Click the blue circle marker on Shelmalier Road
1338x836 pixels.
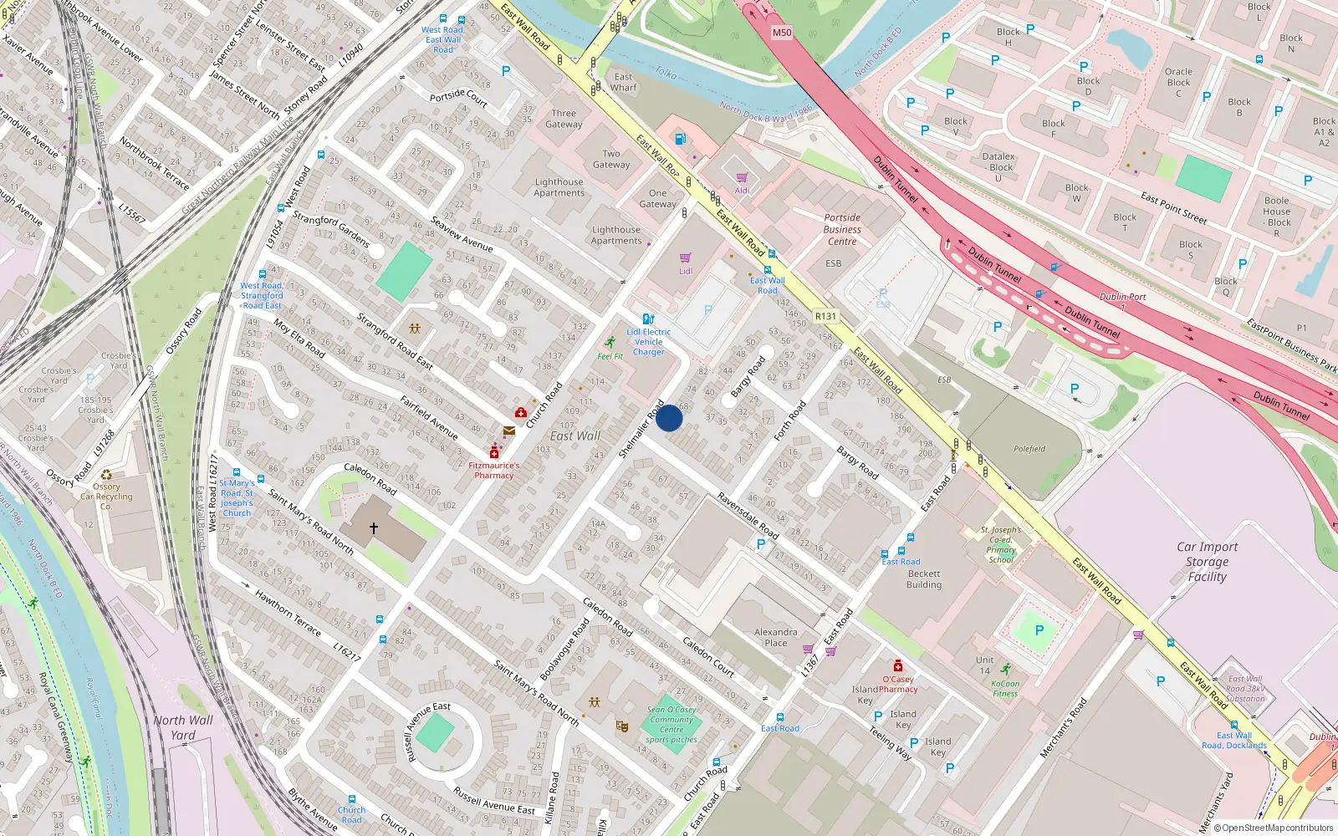(x=669, y=418)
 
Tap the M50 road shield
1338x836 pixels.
(x=781, y=33)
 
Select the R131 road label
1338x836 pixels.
(x=825, y=316)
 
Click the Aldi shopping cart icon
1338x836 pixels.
(x=742, y=178)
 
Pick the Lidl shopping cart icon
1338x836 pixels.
(x=686, y=257)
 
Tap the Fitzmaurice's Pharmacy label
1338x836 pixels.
(x=493, y=471)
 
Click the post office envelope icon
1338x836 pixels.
(x=508, y=431)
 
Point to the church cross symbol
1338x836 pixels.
(x=374, y=528)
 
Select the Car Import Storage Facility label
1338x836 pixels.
(x=1207, y=562)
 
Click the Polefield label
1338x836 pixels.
(x=1029, y=449)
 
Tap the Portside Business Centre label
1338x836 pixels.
(x=842, y=229)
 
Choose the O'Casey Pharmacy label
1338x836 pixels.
(x=898, y=685)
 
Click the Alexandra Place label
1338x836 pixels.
(x=775, y=637)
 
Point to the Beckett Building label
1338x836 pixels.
(x=923, y=579)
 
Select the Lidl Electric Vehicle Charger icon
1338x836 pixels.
(x=648, y=319)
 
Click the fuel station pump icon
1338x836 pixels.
(x=680, y=138)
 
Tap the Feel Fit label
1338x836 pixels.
(x=610, y=356)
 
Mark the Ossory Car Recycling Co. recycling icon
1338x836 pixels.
(x=106, y=475)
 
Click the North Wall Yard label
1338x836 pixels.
(x=183, y=727)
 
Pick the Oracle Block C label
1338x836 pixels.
(x=1178, y=82)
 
